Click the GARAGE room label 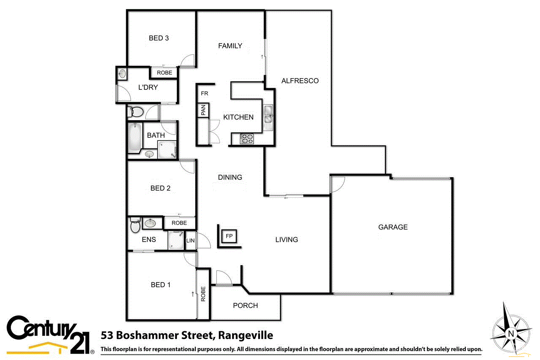coord(393,227)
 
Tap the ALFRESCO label coord(300,81)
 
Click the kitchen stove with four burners coord(247,138)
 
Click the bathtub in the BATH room coord(135,138)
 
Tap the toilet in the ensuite coord(135,226)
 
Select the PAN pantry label coord(203,111)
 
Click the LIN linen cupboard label coord(190,241)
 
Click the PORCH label coord(246,306)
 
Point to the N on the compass coord(511,333)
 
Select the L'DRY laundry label coord(148,87)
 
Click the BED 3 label coord(159,38)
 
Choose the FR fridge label coord(205,93)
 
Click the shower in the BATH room coord(167,149)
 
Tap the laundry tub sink coord(122,74)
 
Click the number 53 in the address coord(108,336)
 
